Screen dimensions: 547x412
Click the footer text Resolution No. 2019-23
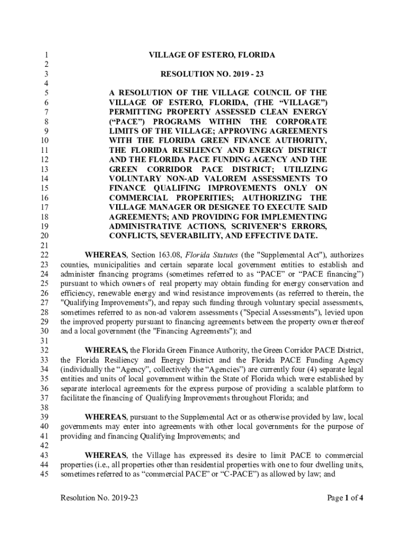100,498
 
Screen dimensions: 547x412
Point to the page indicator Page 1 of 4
346,498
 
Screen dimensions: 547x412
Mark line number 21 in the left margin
45,245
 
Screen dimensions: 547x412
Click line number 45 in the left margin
45,473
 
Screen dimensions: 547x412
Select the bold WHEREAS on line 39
105,417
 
